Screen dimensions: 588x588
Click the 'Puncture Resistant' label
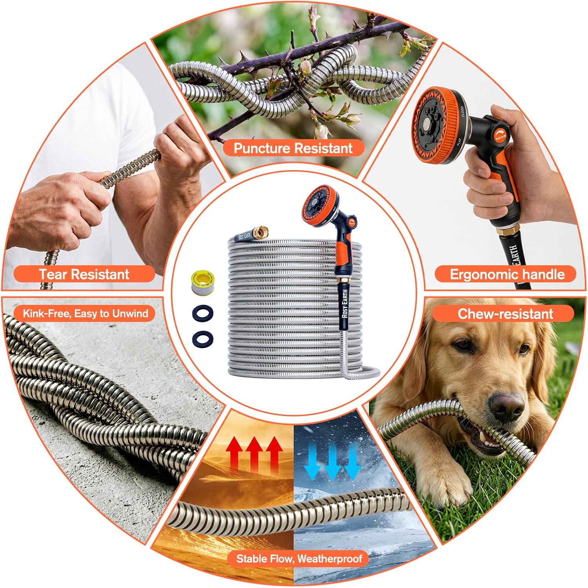[x=293, y=148]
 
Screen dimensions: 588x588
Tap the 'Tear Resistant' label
[x=84, y=274]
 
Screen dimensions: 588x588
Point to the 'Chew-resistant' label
[x=505, y=314]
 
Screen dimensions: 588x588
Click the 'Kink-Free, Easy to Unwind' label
[x=85, y=314]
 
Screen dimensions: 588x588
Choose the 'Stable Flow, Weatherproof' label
[x=299, y=558]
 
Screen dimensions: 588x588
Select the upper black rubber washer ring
[x=203, y=314]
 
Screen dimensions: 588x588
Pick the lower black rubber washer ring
[x=203, y=338]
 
